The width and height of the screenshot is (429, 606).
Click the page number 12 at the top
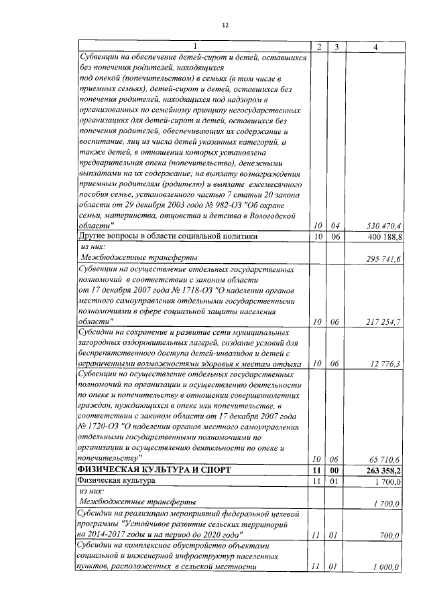(225, 25)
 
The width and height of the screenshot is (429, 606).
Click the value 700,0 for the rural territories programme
(388, 536)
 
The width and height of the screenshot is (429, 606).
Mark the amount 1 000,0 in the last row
(385, 567)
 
